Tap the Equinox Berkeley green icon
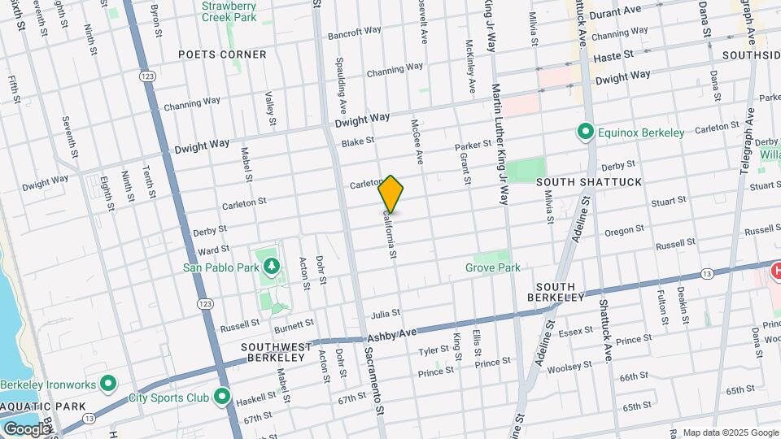tap(584, 131)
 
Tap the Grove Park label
tap(492, 267)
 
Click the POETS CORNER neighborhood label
tap(222, 54)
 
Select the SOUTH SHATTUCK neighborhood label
tap(589, 181)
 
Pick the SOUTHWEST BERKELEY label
tap(277, 354)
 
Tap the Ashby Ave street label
tap(391, 335)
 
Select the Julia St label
tap(386, 313)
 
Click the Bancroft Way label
tap(354, 33)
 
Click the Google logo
tap(27, 428)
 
